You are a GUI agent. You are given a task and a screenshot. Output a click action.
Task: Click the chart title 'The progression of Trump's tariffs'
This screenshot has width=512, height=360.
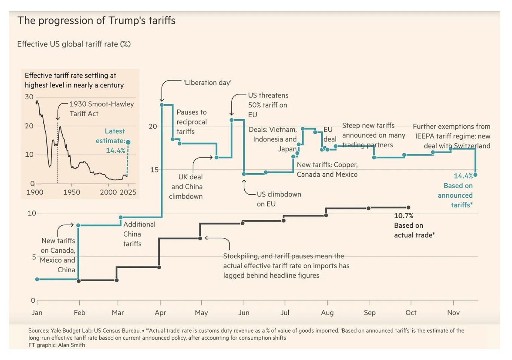[96, 21]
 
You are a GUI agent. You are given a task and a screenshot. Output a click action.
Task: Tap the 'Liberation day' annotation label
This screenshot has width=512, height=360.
[207, 82]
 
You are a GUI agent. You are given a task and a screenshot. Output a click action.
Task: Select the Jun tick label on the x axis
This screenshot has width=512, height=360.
[244, 313]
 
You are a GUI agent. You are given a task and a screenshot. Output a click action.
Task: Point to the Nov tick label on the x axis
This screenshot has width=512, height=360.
[453, 313]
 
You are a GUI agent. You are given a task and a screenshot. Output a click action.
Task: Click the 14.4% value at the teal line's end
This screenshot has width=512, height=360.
[463, 176]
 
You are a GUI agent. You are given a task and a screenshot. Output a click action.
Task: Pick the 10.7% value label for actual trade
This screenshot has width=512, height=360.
[404, 216]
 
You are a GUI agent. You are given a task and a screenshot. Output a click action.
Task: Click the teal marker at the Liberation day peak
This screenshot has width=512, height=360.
[162, 105]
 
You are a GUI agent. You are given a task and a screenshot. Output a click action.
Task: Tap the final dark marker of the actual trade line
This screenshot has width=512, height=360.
[409, 207]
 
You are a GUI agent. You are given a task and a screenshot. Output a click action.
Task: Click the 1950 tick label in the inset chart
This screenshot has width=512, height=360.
[72, 192]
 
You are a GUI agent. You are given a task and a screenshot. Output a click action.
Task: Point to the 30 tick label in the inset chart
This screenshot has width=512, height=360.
[29, 97]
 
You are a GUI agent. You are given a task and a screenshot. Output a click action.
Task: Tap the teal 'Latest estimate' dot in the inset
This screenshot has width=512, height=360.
[128, 142]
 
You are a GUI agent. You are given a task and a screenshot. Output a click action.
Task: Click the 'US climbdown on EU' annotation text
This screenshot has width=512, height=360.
[278, 199]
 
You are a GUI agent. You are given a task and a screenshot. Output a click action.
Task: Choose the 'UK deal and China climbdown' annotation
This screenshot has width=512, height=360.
[186, 187]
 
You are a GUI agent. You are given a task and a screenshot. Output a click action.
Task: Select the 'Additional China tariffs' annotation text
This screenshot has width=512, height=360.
[139, 234]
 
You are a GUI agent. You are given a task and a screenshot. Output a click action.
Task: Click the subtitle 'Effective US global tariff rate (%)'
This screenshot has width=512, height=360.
[74, 44]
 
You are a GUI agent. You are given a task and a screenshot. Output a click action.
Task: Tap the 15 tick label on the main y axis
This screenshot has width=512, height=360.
[154, 170]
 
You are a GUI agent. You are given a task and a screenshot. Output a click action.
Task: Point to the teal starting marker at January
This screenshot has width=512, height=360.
[37, 279]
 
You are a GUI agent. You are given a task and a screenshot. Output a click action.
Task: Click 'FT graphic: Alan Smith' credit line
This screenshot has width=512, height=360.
[57, 345]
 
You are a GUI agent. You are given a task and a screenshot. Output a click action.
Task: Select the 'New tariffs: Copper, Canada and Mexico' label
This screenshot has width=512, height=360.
[327, 169]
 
